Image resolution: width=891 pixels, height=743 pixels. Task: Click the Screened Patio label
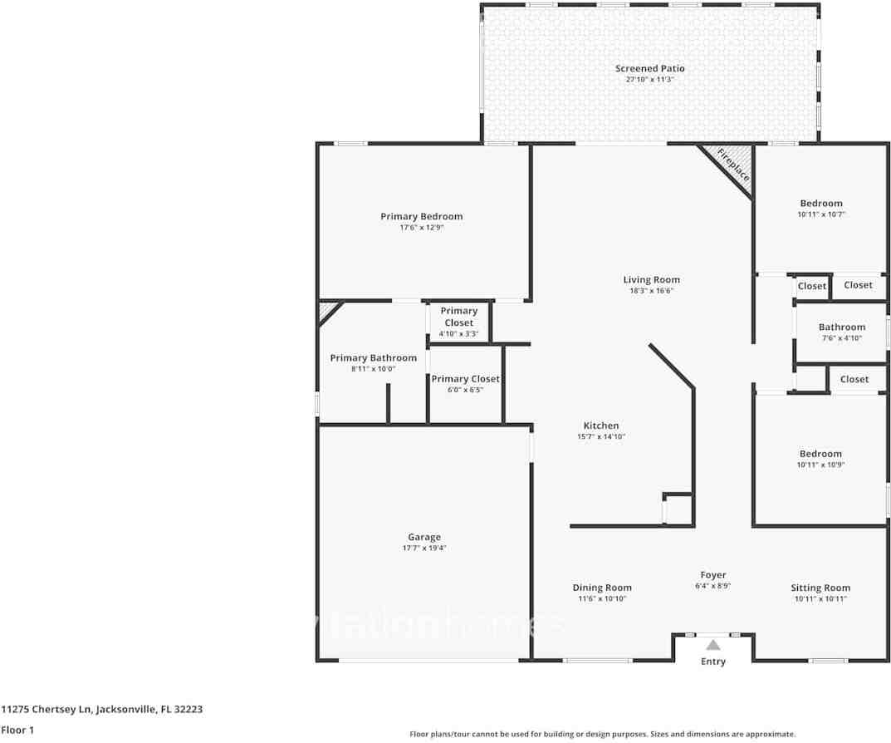[649, 68]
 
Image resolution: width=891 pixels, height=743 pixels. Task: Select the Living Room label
[651, 280]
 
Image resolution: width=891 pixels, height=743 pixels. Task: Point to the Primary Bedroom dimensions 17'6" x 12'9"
[421, 228]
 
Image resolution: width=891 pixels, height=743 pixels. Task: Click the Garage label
[423, 537]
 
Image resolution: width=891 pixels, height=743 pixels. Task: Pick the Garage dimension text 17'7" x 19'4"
[423, 549]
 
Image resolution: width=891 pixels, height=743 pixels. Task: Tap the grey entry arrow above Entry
[712, 645]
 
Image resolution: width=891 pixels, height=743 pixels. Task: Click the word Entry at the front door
[712, 662]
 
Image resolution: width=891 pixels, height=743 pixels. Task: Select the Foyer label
[712, 575]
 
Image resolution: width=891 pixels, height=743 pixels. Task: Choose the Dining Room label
[602, 588]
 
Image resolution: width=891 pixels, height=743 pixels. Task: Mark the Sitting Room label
[820, 588]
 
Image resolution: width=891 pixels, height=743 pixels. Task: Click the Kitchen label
[600, 426]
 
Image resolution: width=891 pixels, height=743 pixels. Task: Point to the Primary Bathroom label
[373, 358]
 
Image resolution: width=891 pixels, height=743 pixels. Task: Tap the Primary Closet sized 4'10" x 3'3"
[458, 317]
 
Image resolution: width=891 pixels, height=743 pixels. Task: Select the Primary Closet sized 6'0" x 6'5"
[465, 379]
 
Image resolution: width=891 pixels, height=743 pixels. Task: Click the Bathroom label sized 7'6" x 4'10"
[841, 327]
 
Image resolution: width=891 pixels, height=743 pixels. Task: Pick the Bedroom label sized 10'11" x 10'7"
[820, 204]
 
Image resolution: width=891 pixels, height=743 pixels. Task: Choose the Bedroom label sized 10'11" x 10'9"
[820, 454]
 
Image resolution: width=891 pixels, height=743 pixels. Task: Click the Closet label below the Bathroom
[854, 379]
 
